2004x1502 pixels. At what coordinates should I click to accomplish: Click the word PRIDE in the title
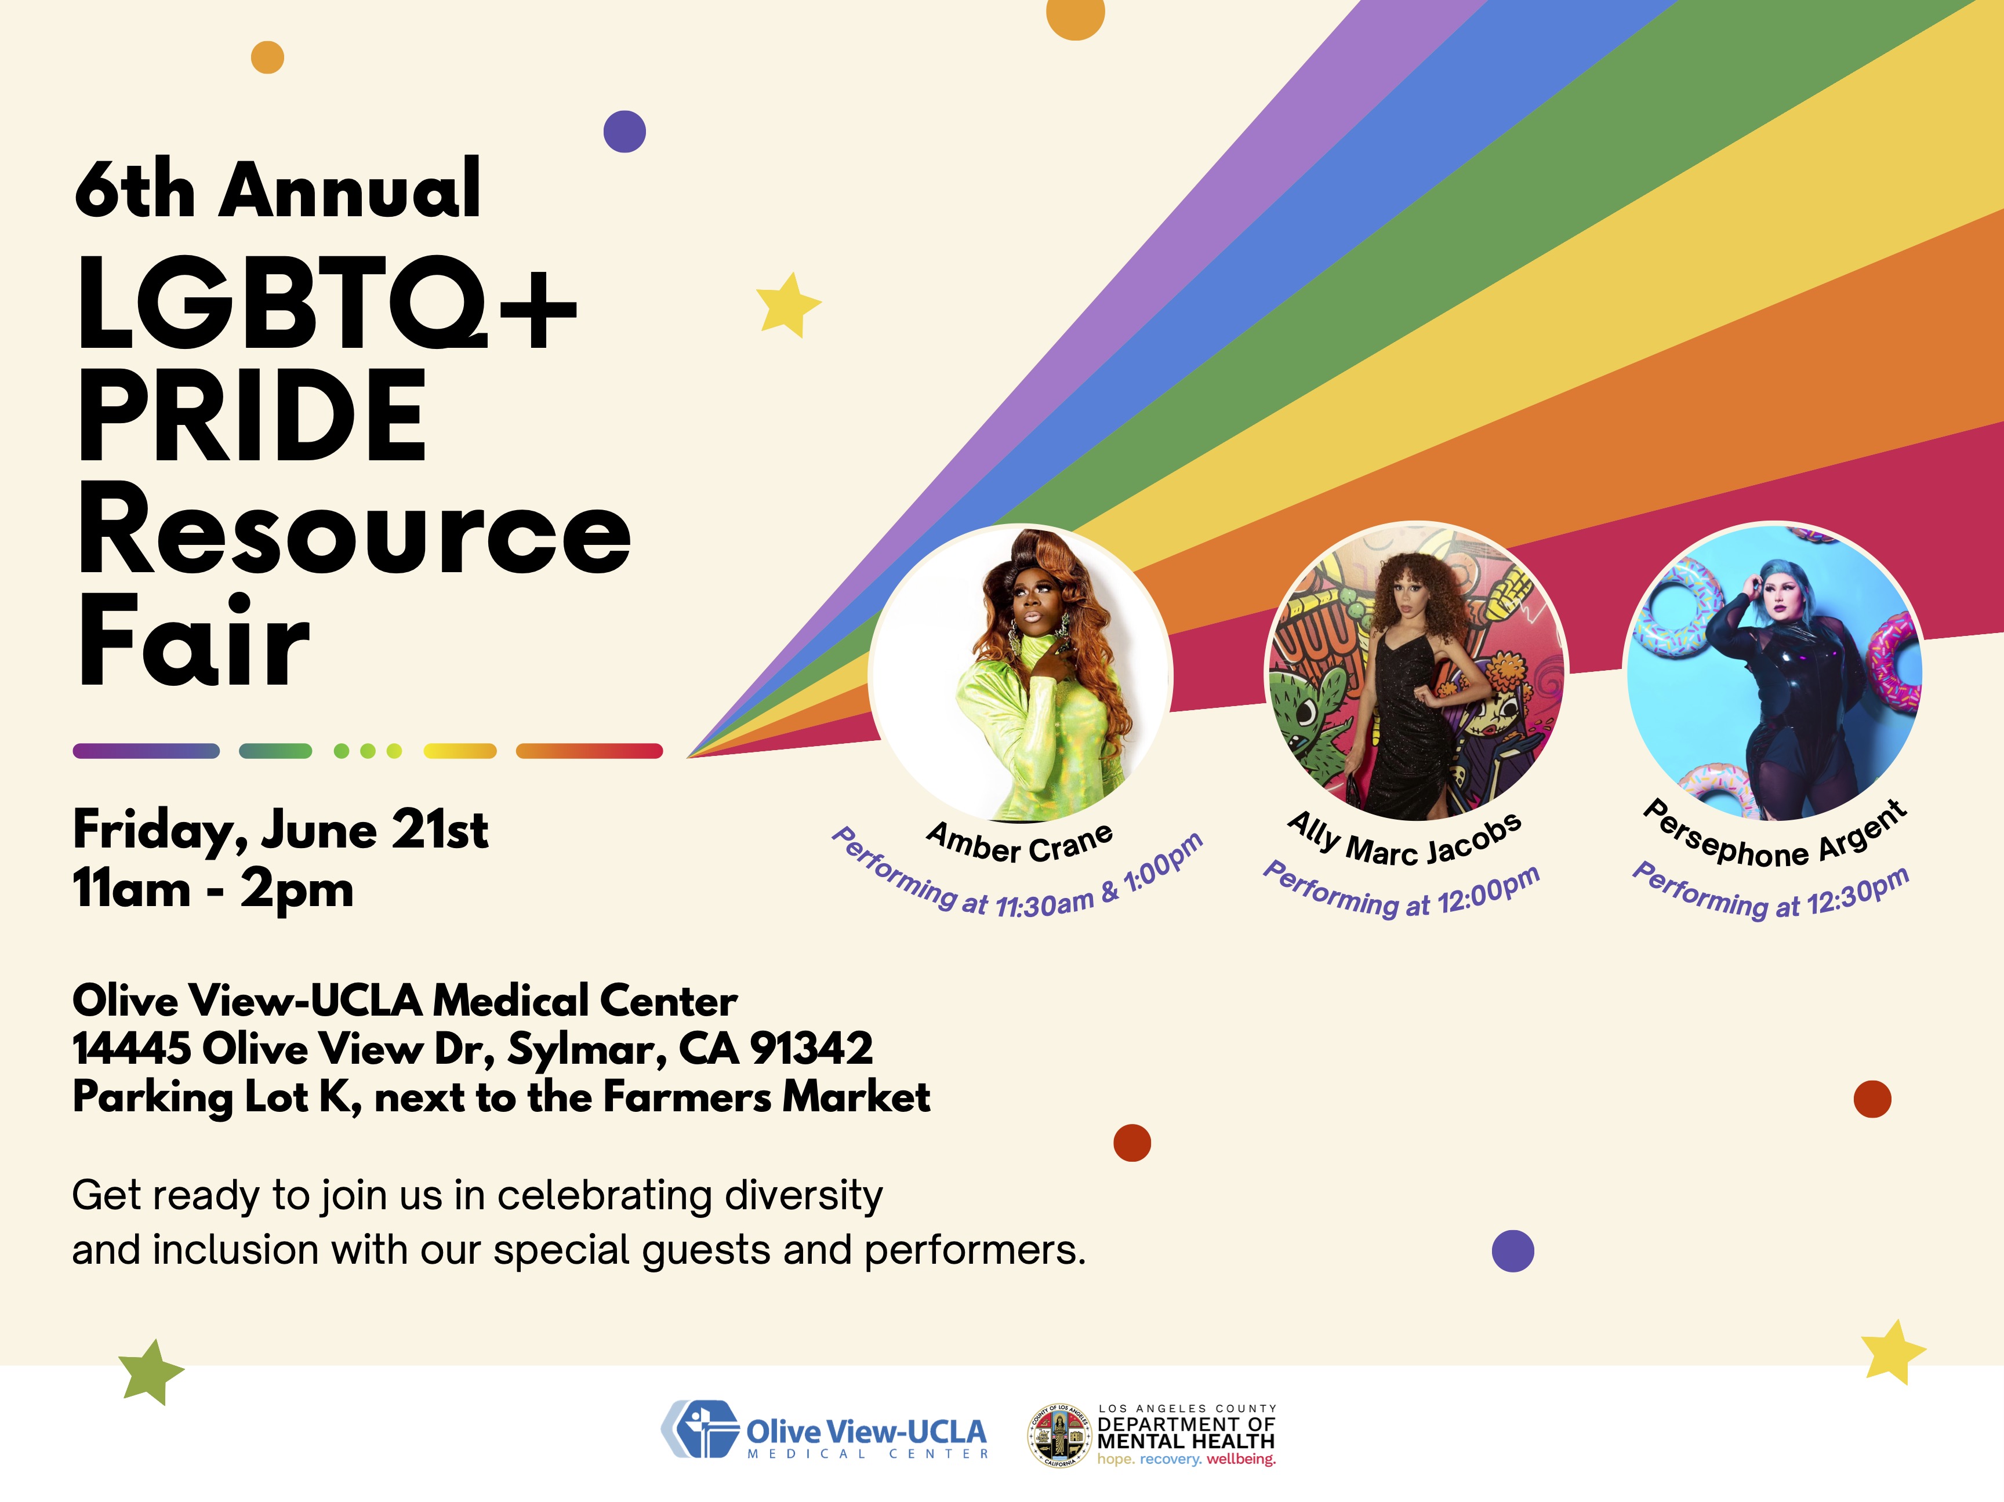[x=252, y=417]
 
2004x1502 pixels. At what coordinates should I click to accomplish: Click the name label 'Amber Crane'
[x=1020, y=842]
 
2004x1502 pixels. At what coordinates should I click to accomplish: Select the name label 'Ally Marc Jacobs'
[x=1404, y=840]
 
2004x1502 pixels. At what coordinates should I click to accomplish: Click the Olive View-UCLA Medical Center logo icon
[x=699, y=1430]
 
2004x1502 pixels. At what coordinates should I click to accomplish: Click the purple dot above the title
[x=624, y=132]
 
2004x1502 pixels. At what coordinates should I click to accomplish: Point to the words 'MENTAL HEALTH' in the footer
[x=1186, y=1441]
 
